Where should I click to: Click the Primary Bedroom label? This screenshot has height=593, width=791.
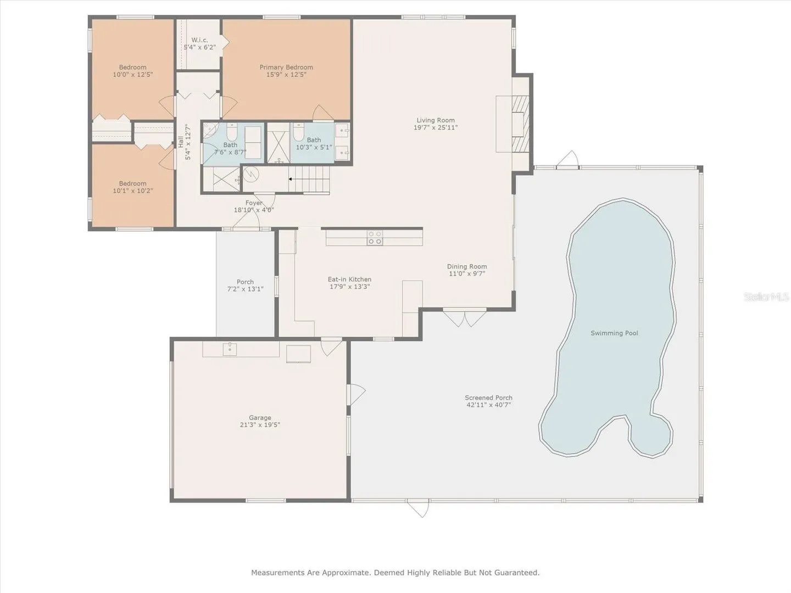pos(286,68)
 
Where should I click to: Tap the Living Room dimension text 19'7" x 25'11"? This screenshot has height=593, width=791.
pos(435,127)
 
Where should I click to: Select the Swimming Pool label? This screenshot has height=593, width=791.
pos(614,333)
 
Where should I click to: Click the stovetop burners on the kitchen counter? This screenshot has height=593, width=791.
pos(375,238)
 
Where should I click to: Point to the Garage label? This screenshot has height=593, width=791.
pos(260,418)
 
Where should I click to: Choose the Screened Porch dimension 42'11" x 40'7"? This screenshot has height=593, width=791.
pos(488,405)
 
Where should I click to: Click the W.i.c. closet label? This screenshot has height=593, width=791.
pos(199,40)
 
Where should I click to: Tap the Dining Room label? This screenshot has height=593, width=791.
pos(467,266)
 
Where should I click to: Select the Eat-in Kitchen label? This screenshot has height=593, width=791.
pos(349,279)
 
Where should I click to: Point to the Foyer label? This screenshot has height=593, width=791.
pos(254,203)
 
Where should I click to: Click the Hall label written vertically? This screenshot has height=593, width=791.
pos(180,142)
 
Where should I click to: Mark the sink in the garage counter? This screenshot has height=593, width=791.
pos(230,349)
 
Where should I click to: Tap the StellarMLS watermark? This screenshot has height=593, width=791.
pos(766,296)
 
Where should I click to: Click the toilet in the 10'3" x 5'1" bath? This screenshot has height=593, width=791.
pos(298,132)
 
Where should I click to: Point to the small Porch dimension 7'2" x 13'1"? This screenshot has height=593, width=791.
pos(245,289)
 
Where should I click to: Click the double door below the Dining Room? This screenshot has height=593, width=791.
pos(465,317)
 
